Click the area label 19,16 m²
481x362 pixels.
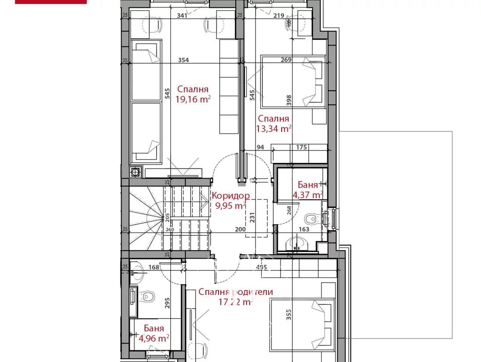coord(193,99)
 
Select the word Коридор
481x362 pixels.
coord(230,196)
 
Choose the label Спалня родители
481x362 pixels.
coord(236,292)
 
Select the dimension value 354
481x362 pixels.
coord(183,60)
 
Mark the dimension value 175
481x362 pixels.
coord(301,148)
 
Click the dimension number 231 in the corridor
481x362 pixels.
coord(251,217)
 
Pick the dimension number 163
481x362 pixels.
coord(304,229)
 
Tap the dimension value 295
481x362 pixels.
coord(167,304)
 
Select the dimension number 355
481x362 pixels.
coord(288,316)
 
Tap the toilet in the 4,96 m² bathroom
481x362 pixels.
coord(148,297)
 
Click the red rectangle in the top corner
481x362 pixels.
coord(51,2)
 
